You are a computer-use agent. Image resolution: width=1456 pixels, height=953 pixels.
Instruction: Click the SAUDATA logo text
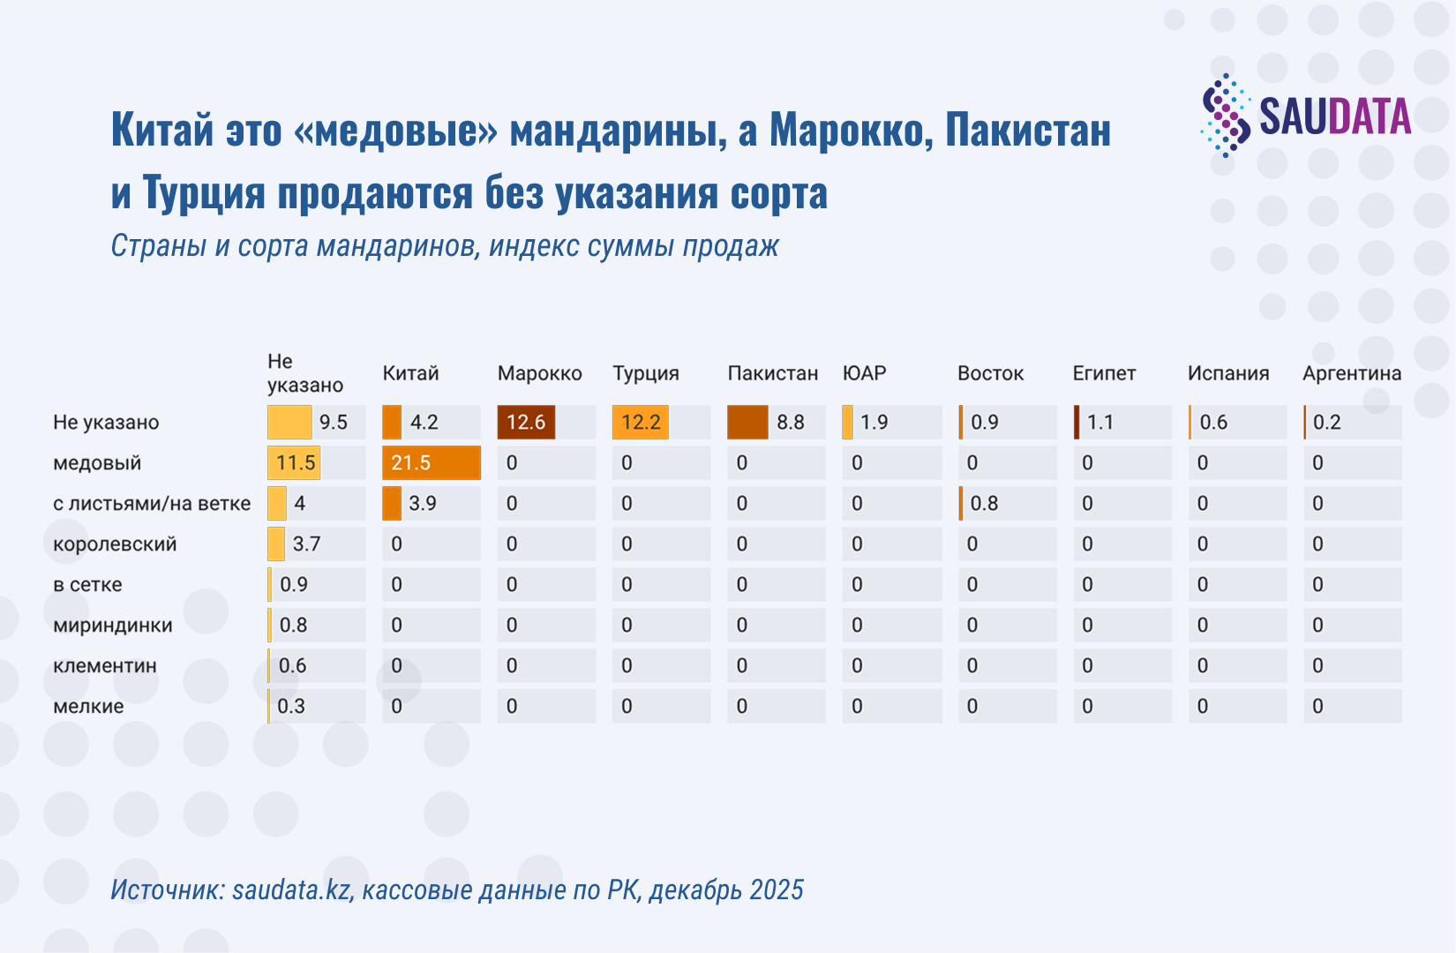point(1334,117)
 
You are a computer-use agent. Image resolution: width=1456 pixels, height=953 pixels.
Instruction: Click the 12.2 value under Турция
point(641,423)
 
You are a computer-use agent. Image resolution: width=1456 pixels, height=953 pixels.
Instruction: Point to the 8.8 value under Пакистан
point(790,423)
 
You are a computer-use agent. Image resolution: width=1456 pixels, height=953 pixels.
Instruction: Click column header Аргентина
point(1351,373)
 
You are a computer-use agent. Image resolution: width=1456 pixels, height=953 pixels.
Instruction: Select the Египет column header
point(1104,373)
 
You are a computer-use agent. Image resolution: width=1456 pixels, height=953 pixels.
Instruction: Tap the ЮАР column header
point(864,373)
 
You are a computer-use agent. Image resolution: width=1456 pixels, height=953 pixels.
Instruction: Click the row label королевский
point(115,544)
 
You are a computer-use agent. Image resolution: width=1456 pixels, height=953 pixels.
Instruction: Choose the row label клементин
point(105,666)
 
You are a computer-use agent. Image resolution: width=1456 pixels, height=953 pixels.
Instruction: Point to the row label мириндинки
point(112,626)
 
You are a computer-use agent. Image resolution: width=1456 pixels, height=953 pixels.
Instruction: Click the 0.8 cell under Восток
point(984,504)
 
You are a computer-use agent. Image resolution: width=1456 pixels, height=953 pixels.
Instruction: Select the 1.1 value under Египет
point(1100,423)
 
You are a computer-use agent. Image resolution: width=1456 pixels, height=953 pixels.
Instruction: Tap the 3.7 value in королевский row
point(306,544)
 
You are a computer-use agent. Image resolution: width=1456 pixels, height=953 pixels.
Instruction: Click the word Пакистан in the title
point(1028,131)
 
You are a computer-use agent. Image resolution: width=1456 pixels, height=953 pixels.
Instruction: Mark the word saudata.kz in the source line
point(291,889)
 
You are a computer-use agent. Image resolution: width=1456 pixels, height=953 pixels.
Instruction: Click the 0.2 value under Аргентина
point(1326,423)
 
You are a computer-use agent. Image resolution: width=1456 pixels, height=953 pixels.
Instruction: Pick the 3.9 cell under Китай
point(422,504)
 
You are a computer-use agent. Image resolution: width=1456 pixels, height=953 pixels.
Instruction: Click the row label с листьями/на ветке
point(152,504)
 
